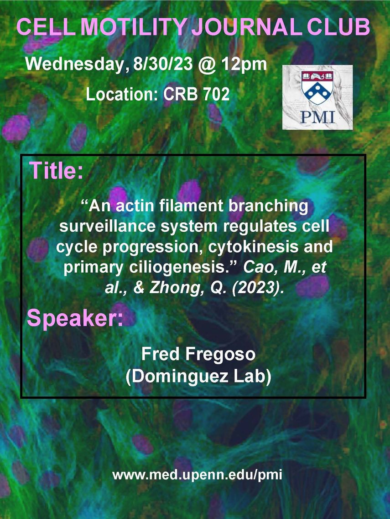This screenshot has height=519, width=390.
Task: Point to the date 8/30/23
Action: (x=162, y=64)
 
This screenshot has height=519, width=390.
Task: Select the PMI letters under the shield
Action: (x=317, y=117)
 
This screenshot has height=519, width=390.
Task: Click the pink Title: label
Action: (x=57, y=170)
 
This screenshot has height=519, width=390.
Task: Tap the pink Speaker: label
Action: (x=75, y=318)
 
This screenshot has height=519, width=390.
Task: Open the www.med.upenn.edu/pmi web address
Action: (x=198, y=475)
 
